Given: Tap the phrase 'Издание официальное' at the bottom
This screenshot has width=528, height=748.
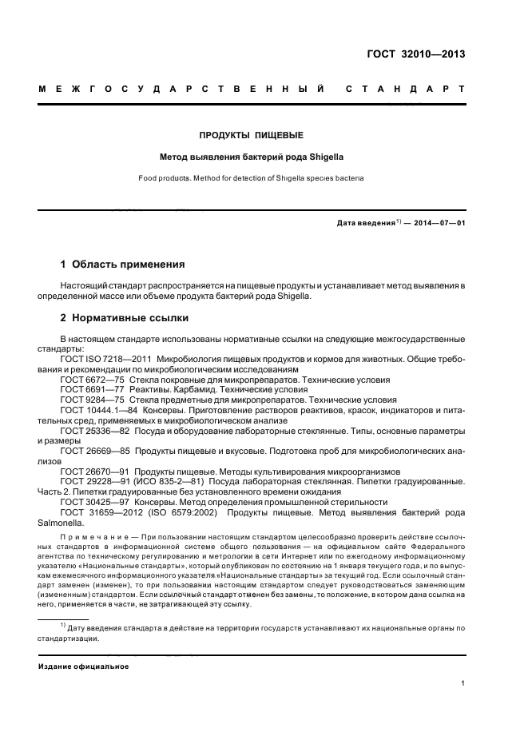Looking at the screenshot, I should pyautogui.click(x=84, y=666).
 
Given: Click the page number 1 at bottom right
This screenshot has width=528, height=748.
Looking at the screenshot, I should pyautogui.click(x=463, y=683).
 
